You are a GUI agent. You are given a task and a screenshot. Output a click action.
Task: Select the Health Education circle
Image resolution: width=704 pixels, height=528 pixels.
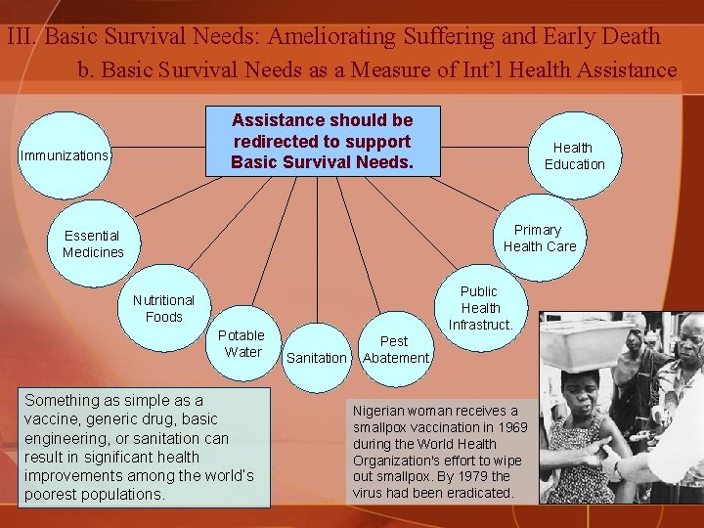coord(574,155)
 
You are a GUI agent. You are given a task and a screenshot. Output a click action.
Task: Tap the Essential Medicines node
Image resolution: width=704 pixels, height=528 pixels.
coord(93,243)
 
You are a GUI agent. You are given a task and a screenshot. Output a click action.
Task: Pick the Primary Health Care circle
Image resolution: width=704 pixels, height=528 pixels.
coord(539,239)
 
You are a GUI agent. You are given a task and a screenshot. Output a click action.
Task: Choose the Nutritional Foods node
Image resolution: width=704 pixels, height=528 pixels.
coord(163,308)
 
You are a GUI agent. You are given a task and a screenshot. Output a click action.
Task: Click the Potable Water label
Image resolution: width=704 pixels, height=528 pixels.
coord(242,343)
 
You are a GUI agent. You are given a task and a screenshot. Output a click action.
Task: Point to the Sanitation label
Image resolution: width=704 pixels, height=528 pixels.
coord(316,358)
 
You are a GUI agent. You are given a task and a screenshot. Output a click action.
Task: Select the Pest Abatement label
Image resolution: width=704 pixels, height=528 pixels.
coord(395,349)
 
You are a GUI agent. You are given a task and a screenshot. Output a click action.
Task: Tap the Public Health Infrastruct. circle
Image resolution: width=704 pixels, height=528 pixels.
coord(479,307)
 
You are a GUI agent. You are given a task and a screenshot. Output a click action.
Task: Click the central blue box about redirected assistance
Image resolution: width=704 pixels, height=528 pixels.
coord(323,141)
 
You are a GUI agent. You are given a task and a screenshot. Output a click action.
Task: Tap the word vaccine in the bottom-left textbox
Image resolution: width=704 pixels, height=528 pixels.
coord(52,418)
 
